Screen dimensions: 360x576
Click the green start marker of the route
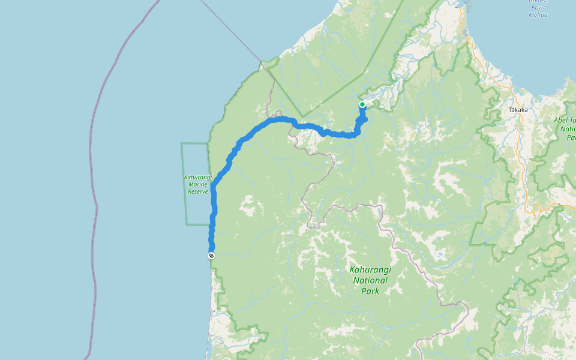(x=362, y=104)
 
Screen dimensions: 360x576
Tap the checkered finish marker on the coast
(x=211, y=256)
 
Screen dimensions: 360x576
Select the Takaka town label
(x=517, y=110)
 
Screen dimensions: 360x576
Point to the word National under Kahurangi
(x=370, y=280)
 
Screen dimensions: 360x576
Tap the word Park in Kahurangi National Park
(x=370, y=291)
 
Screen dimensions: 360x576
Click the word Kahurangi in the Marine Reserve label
(x=197, y=178)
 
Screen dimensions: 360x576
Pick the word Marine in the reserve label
(x=197, y=185)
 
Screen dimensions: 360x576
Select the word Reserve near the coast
(x=197, y=191)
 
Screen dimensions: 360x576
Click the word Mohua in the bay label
(x=538, y=15)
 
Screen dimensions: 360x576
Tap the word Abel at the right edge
(x=565, y=121)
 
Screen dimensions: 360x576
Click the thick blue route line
(x=252, y=132)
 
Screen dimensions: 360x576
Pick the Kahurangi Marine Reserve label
(x=197, y=185)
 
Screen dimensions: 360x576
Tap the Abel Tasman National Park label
(x=565, y=128)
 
